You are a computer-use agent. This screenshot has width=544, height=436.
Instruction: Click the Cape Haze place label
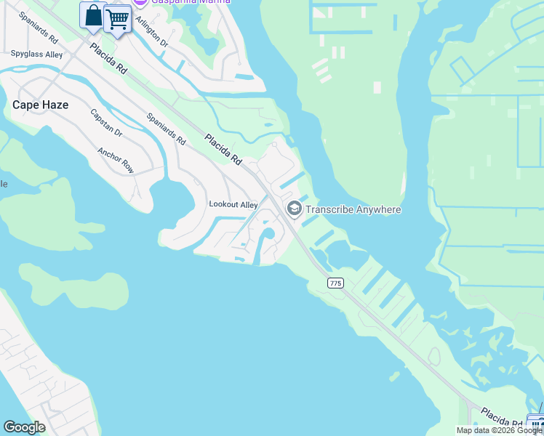click(41, 105)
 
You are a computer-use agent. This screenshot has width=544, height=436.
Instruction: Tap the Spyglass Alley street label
click(36, 54)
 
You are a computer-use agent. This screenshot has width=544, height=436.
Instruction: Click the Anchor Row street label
click(116, 161)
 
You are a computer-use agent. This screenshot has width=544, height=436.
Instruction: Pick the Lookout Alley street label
click(233, 205)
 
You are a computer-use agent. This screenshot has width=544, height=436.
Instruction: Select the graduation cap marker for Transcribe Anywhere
click(295, 209)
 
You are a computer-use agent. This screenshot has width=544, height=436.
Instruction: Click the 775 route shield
click(335, 283)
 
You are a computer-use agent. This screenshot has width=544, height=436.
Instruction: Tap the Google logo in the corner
click(24, 427)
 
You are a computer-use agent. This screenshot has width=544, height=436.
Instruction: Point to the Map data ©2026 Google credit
click(499, 430)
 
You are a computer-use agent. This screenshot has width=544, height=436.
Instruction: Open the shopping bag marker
click(93, 16)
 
